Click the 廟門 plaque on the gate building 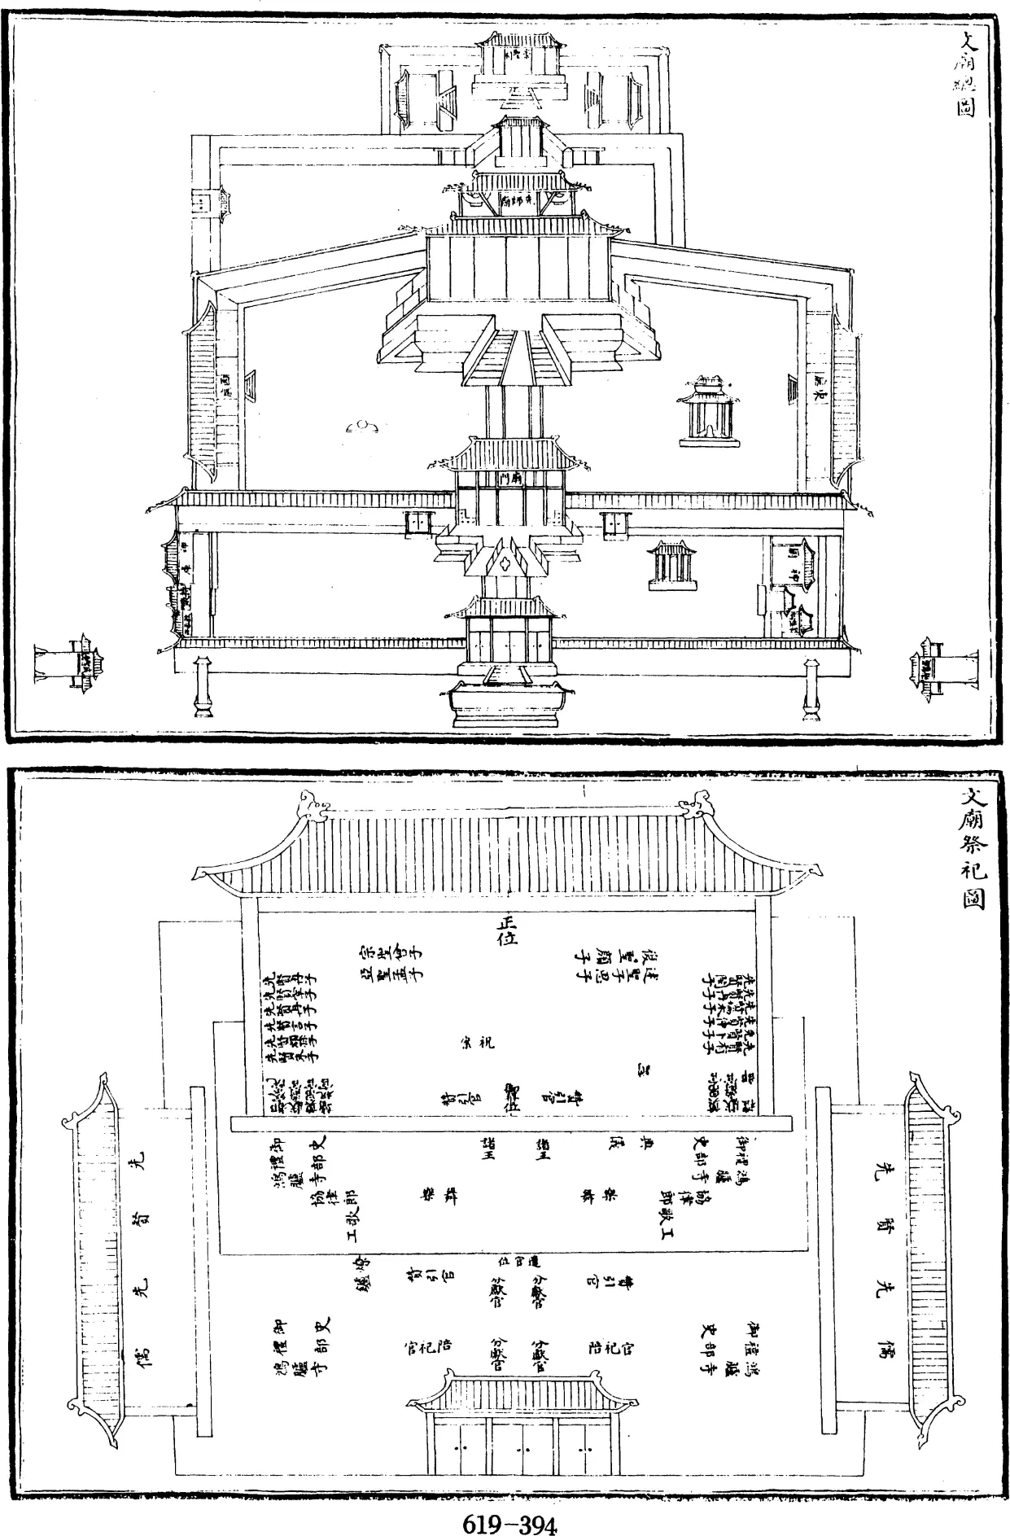pyautogui.click(x=510, y=480)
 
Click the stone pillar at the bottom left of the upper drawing pyautogui.click(x=202, y=688)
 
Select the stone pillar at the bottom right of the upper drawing pyautogui.click(x=811, y=688)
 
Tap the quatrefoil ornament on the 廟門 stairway pyautogui.click(x=507, y=561)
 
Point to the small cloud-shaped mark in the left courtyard pyautogui.click(x=363, y=425)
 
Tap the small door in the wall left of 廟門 pyautogui.click(x=418, y=522)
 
